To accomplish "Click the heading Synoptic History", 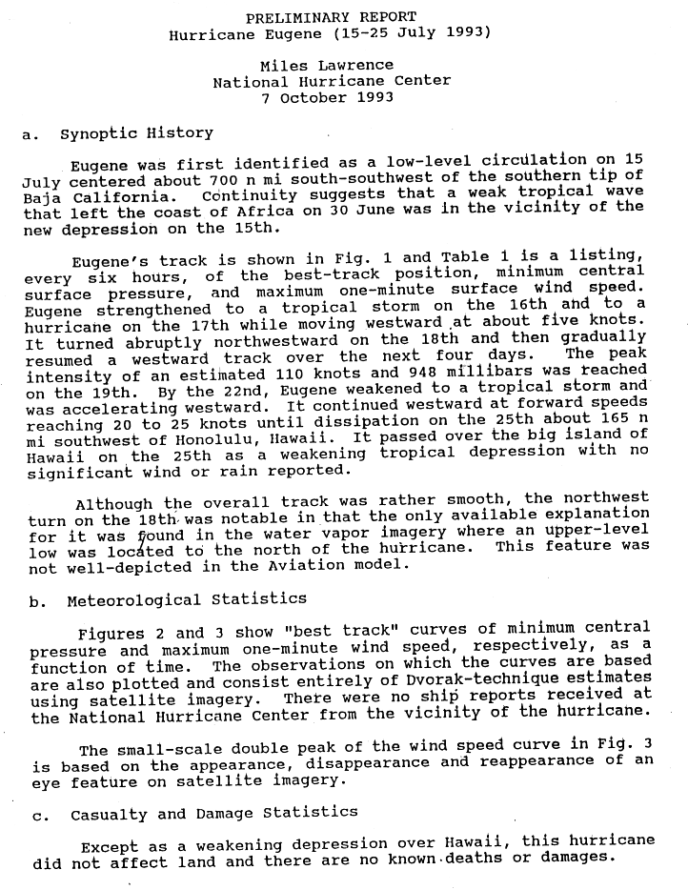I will point(136,133).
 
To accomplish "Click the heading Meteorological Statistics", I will point(186,600).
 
